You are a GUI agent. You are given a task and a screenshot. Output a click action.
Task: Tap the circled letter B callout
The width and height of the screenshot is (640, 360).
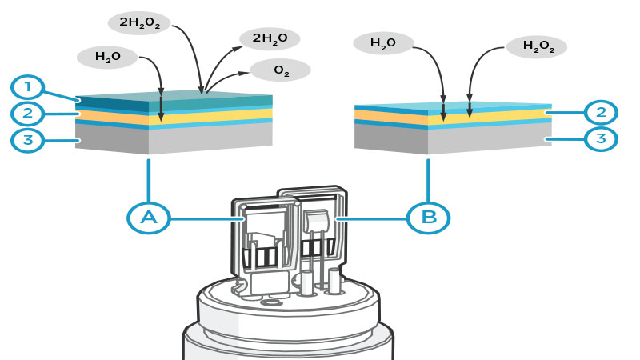click(428, 217)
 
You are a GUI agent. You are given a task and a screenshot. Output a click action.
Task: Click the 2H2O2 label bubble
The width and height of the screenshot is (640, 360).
click(139, 23)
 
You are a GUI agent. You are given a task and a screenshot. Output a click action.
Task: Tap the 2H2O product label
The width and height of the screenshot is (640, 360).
click(269, 38)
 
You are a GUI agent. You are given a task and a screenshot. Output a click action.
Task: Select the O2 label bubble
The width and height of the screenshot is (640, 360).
click(280, 70)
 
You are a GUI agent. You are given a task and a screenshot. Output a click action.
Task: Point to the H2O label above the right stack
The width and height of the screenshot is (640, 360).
click(383, 44)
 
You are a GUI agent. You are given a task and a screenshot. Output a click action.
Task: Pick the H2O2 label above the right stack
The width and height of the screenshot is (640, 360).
click(537, 46)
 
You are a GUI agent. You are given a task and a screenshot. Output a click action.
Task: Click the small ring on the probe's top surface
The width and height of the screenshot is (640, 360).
click(271, 302)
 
